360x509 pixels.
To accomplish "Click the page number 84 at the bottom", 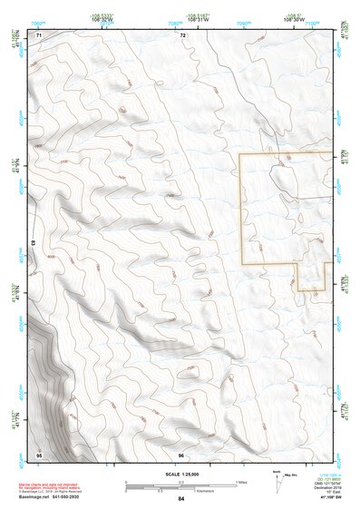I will click(180, 499).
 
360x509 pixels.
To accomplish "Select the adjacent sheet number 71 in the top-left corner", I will click(39, 34).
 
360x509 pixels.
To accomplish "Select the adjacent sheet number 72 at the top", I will click(182, 34).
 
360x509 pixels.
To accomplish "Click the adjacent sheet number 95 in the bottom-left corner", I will click(39, 454).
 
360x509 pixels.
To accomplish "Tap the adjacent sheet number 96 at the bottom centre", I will click(181, 454).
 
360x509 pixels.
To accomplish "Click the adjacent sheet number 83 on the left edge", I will click(34, 244).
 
